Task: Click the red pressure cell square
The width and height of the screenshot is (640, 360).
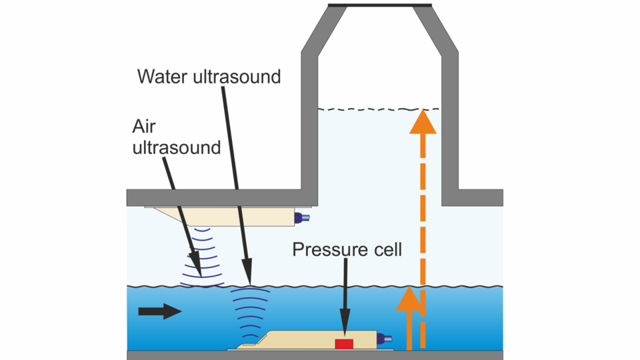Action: click(344, 343)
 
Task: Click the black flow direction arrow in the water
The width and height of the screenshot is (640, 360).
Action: click(159, 311)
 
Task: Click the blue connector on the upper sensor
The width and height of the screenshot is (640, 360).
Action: click(305, 217)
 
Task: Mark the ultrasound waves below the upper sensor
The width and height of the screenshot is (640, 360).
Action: click(201, 257)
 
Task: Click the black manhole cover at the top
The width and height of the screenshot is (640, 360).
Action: click(380, 5)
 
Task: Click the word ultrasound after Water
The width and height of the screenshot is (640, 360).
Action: click(238, 77)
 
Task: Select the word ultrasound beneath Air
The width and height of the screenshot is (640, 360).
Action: click(177, 147)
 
